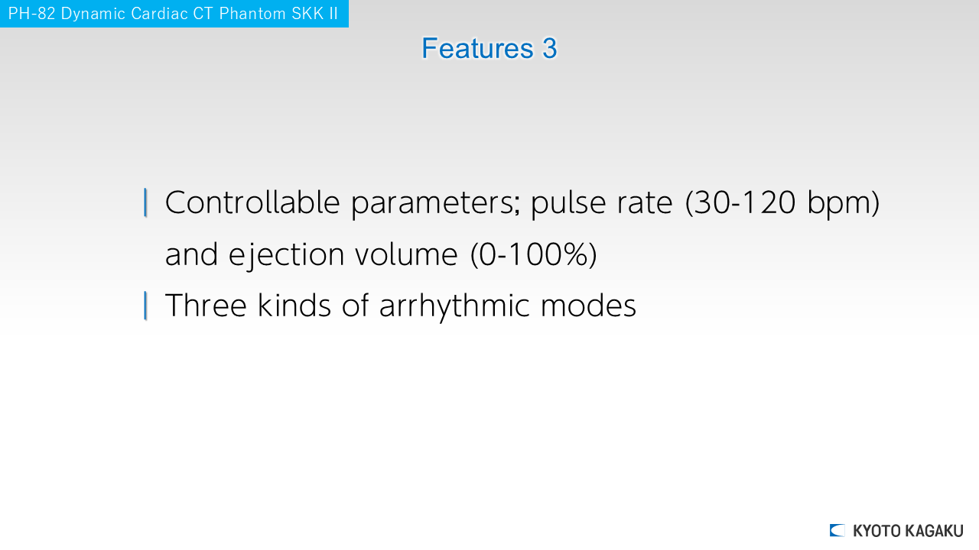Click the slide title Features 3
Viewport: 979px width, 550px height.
[x=489, y=48]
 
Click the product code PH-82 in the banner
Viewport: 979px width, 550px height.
[x=31, y=14]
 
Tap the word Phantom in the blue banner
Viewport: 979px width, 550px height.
[x=252, y=14]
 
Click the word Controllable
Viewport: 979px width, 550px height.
[x=252, y=202]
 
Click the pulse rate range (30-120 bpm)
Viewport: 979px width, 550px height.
[x=782, y=203]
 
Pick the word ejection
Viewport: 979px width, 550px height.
[x=287, y=255]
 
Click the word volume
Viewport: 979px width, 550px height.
[x=406, y=254]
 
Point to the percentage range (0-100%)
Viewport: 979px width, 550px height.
[x=534, y=255]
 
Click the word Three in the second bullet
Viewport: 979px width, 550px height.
[x=206, y=306]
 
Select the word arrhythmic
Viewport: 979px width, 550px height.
[x=454, y=306]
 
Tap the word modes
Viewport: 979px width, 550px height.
[x=588, y=306]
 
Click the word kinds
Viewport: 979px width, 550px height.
[x=294, y=306]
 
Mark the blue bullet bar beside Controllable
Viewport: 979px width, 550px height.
[x=145, y=202]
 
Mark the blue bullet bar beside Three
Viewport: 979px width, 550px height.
[x=145, y=306]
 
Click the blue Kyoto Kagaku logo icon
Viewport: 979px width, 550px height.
[x=837, y=530]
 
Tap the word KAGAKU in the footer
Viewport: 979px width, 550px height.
[x=934, y=531]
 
